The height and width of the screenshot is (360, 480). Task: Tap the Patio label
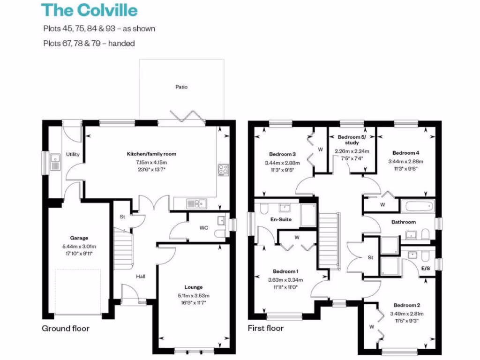(181, 87)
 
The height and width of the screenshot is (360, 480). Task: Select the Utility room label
(73, 154)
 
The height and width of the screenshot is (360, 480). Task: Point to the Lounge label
(194, 287)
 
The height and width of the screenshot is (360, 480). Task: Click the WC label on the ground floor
(204, 228)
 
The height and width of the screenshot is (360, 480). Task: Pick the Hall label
(141, 277)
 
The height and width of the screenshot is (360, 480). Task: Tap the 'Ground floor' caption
(66, 328)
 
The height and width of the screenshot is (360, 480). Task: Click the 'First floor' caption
(266, 328)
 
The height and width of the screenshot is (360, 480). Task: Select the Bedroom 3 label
(282, 154)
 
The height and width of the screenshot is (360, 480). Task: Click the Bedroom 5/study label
(352, 139)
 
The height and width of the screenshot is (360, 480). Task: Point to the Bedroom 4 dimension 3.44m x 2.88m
(405, 161)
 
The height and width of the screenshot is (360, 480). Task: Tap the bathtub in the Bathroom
(418, 206)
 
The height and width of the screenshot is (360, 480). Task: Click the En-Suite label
(281, 219)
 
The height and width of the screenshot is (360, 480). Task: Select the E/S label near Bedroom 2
(426, 269)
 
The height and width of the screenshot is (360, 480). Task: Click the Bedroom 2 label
(406, 305)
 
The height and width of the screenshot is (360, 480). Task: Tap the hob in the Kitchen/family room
(223, 169)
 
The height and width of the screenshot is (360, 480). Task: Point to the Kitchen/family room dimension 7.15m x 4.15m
(151, 162)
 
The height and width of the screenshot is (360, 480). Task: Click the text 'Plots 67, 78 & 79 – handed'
(89, 44)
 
